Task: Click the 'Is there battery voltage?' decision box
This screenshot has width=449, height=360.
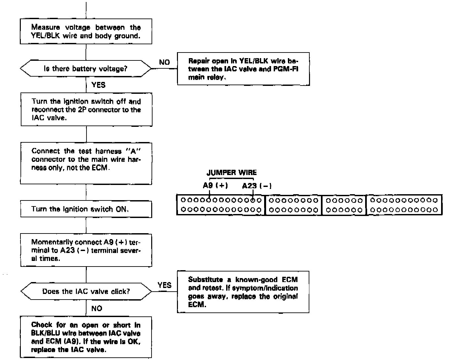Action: point(86,69)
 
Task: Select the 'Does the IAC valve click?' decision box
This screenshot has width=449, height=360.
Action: point(86,291)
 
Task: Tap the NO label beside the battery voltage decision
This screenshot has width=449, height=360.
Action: point(164,62)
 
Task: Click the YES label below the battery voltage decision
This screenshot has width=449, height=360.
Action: point(98,85)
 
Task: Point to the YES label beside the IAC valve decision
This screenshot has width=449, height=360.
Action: point(164,285)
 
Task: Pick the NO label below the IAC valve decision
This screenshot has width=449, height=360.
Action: point(97,308)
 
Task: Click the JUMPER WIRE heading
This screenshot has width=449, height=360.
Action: point(231,172)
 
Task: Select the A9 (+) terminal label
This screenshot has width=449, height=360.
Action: point(215,186)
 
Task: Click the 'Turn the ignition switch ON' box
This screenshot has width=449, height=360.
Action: point(86,209)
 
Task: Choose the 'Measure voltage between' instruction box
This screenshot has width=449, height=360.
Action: point(86,32)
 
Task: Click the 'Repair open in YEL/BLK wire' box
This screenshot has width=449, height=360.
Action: point(243,69)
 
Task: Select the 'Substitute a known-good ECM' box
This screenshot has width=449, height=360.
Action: point(243,292)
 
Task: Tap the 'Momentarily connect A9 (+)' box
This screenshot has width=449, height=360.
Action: point(86,250)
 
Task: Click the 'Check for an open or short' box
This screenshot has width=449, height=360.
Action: point(86,337)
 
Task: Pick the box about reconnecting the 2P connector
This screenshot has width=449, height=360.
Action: point(86,110)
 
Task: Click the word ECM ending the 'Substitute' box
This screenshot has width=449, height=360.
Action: point(197,305)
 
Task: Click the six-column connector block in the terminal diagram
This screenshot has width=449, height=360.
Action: point(344,205)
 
